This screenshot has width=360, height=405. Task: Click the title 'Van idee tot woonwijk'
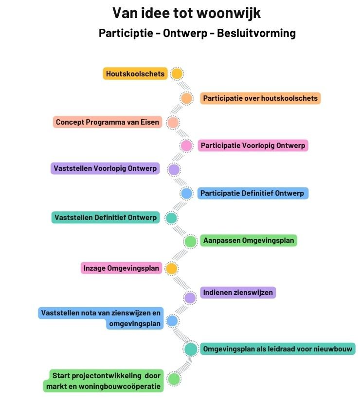186,13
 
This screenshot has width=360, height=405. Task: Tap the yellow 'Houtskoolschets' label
135,74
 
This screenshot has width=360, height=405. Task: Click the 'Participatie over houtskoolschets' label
260,98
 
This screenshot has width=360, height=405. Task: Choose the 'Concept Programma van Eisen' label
108,122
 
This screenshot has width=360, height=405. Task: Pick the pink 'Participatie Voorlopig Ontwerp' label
253,146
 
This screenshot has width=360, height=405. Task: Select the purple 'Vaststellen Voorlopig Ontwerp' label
106,169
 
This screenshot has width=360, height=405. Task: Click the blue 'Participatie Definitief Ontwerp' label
252,193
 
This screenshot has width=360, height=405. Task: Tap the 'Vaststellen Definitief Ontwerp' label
106,218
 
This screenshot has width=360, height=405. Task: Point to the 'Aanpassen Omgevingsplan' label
248,240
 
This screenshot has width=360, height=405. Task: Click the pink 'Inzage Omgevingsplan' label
121,268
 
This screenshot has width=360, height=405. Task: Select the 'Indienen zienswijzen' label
238,293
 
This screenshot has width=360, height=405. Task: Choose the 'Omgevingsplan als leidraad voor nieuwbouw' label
278,349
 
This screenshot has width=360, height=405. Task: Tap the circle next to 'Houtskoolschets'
177,74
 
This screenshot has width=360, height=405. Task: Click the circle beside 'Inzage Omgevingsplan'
171,268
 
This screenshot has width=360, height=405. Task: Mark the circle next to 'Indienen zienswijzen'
190,297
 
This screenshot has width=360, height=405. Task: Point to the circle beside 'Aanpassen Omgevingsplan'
190,241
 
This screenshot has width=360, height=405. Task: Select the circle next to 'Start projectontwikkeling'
174,379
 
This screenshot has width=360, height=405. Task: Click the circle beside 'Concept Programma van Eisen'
173,122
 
